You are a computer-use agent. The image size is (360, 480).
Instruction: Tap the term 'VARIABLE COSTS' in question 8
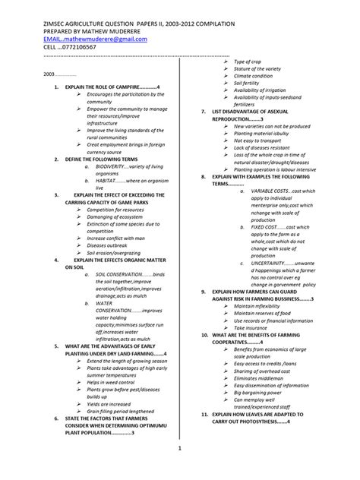point(271,191)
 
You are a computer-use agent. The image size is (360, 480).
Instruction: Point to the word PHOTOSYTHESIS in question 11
point(254,422)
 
